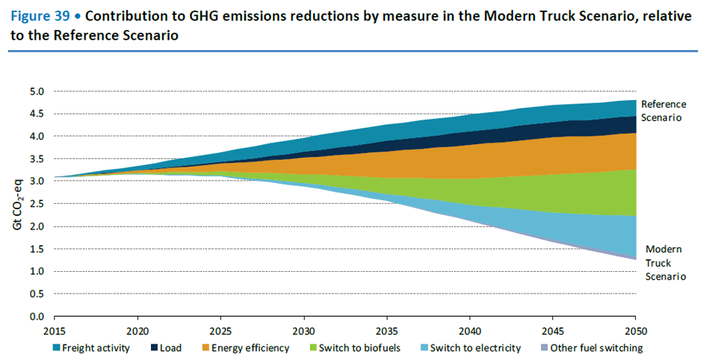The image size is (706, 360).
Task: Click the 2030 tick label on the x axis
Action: [x=303, y=329]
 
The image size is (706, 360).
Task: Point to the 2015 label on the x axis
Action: [x=55, y=329]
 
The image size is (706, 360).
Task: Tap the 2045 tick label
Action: [x=552, y=329]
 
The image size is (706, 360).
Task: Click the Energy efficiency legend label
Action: [x=250, y=348]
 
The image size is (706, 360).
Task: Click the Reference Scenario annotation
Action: [x=663, y=111]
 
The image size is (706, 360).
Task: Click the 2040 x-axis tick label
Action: [x=469, y=329]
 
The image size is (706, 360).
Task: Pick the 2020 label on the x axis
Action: [x=137, y=329]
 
